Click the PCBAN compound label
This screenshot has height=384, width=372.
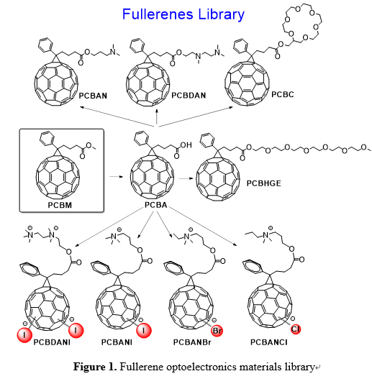(93, 96)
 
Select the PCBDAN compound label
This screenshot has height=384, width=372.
(189, 95)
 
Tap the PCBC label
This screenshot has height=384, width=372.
(282, 94)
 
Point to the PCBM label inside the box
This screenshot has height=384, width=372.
(60, 205)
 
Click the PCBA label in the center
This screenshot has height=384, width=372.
(155, 205)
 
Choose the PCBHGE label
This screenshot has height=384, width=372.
(263, 183)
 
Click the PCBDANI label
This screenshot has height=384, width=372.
(52, 342)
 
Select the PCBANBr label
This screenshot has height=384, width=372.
(192, 342)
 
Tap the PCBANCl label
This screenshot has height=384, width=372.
(268, 342)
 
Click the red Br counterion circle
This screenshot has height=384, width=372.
(217, 331)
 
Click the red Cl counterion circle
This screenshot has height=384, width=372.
(296, 329)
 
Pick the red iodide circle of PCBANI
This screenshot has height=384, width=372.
(144, 331)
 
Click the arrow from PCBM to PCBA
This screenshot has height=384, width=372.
(116, 176)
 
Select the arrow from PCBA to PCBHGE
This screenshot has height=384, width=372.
(186, 178)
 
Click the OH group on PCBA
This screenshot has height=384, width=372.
(186, 145)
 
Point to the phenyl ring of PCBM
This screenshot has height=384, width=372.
(47, 137)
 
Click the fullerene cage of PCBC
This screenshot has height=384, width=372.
(247, 83)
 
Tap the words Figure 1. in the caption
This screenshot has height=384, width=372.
(95, 367)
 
